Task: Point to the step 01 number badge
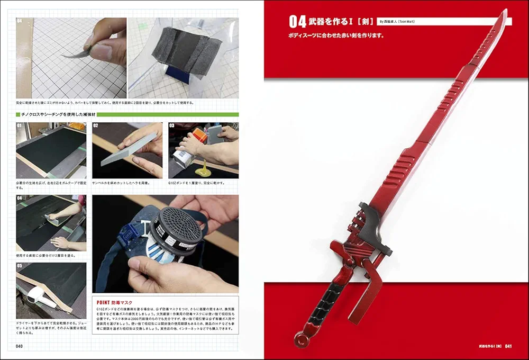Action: click(x=20, y=126)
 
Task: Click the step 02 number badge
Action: click(x=96, y=126)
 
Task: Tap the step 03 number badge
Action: click(x=172, y=126)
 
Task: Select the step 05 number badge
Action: click(x=20, y=266)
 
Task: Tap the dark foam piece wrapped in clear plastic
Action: click(x=183, y=50)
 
